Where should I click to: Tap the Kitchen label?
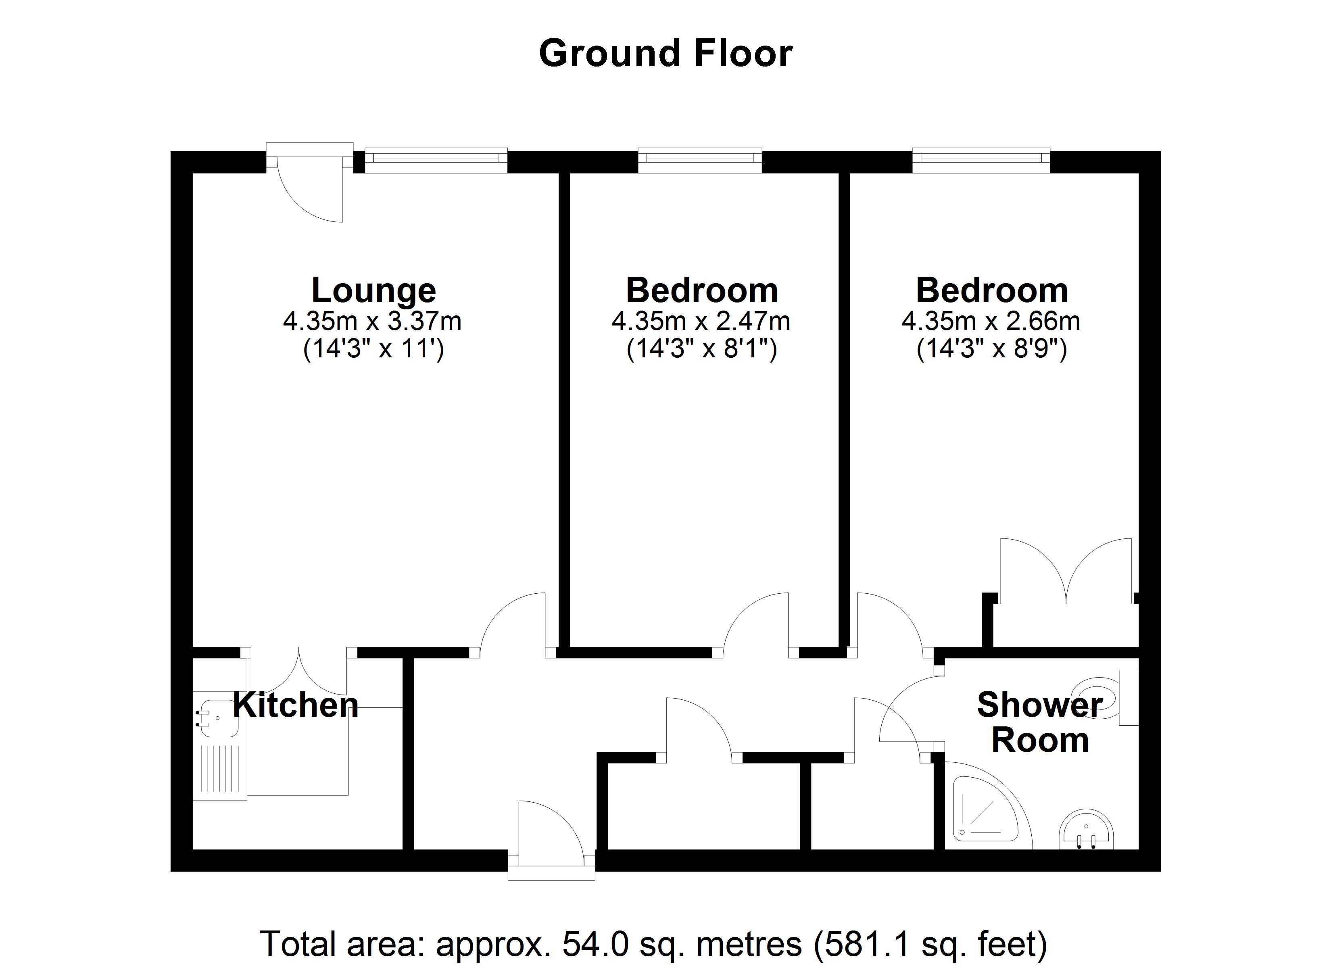click(x=295, y=705)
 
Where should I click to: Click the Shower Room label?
click(x=1039, y=722)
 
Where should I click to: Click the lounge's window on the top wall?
click(x=436, y=159)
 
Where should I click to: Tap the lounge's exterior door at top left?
click(x=309, y=176)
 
